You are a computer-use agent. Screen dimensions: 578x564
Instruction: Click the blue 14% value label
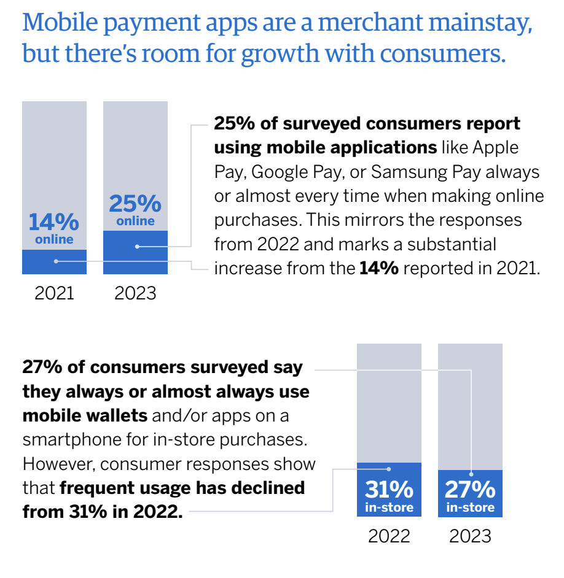click(x=54, y=222)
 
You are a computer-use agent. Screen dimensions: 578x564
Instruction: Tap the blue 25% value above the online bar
click(x=135, y=203)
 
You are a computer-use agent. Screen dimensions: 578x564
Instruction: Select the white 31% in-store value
click(x=389, y=490)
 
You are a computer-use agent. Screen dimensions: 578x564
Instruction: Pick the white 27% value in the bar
click(x=470, y=490)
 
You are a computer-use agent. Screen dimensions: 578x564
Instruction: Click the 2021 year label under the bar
click(x=54, y=293)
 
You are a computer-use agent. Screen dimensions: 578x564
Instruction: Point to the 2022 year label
click(x=389, y=536)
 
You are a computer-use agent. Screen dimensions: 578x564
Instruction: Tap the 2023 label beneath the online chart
click(x=135, y=293)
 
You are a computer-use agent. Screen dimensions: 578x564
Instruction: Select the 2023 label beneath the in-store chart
click(x=470, y=536)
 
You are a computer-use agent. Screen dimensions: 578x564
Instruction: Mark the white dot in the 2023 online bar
click(x=137, y=247)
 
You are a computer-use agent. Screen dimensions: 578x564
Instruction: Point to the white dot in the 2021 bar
click(x=56, y=261)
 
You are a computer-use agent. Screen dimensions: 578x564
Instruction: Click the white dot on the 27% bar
click(x=472, y=473)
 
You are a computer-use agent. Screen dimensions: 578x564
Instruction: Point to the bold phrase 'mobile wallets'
click(x=85, y=415)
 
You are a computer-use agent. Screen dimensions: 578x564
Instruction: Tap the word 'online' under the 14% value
click(x=54, y=239)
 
